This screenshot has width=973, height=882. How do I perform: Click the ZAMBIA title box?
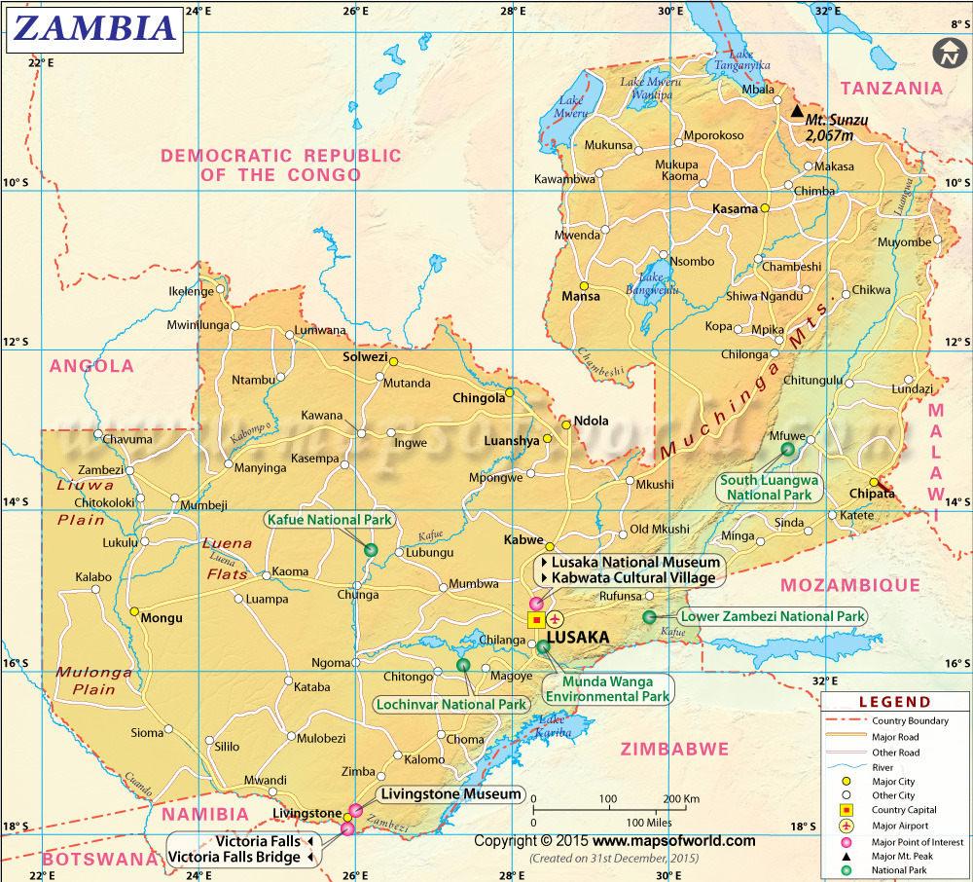pos(94,29)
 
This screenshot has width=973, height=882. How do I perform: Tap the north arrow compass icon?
pos(947,54)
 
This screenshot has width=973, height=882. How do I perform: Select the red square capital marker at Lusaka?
pos(536,619)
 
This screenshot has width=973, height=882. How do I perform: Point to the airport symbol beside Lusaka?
pos(556,619)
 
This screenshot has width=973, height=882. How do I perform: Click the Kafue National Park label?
pos(330,520)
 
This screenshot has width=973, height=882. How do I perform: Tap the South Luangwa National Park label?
pos(769,488)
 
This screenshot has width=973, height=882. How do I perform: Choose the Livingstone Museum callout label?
pos(451,794)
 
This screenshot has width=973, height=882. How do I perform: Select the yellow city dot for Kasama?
pos(766,208)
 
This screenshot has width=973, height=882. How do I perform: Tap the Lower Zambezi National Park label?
pos(773,616)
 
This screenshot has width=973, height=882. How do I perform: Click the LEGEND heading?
pos(894,702)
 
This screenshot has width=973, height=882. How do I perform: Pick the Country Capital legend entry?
pos(903,810)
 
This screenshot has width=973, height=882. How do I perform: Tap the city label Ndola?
pos(591,421)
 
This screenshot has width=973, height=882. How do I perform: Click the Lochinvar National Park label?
pos(451,704)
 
